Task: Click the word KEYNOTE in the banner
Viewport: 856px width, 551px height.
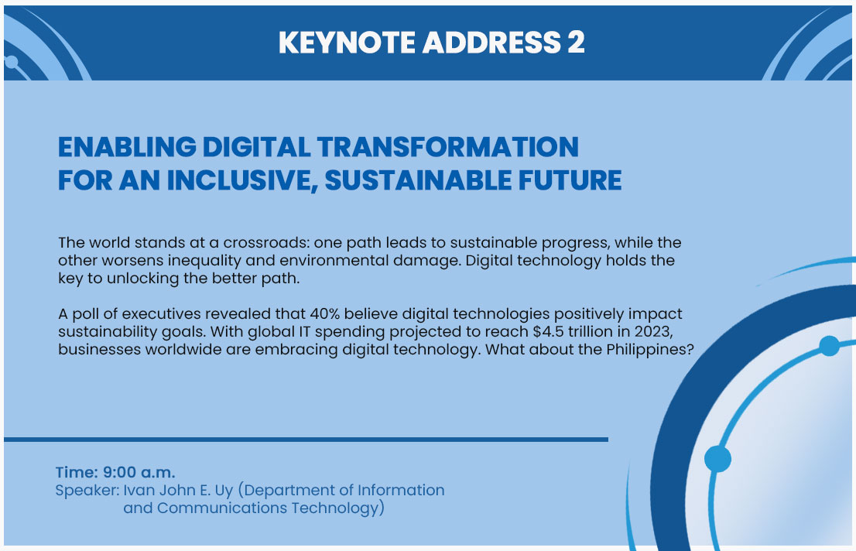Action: click(347, 43)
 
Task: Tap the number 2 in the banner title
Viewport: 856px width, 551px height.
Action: click(576, 43)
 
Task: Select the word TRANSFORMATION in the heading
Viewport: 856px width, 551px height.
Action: click(447, 147)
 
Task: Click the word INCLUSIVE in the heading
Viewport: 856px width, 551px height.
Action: click(242, 181)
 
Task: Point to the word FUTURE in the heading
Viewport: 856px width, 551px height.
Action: click(570, 180)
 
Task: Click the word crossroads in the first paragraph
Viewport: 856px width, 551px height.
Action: click(265, 242)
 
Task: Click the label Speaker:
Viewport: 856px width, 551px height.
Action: click(87, 491)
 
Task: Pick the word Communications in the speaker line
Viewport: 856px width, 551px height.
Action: click(221, 508)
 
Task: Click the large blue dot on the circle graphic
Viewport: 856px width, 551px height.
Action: click(718, 458)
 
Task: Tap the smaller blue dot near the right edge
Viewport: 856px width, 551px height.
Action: click(829, 346)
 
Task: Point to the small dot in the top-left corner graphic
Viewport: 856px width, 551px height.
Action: click(11, 62)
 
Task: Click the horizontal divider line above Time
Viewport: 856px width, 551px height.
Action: click(306, 439)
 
